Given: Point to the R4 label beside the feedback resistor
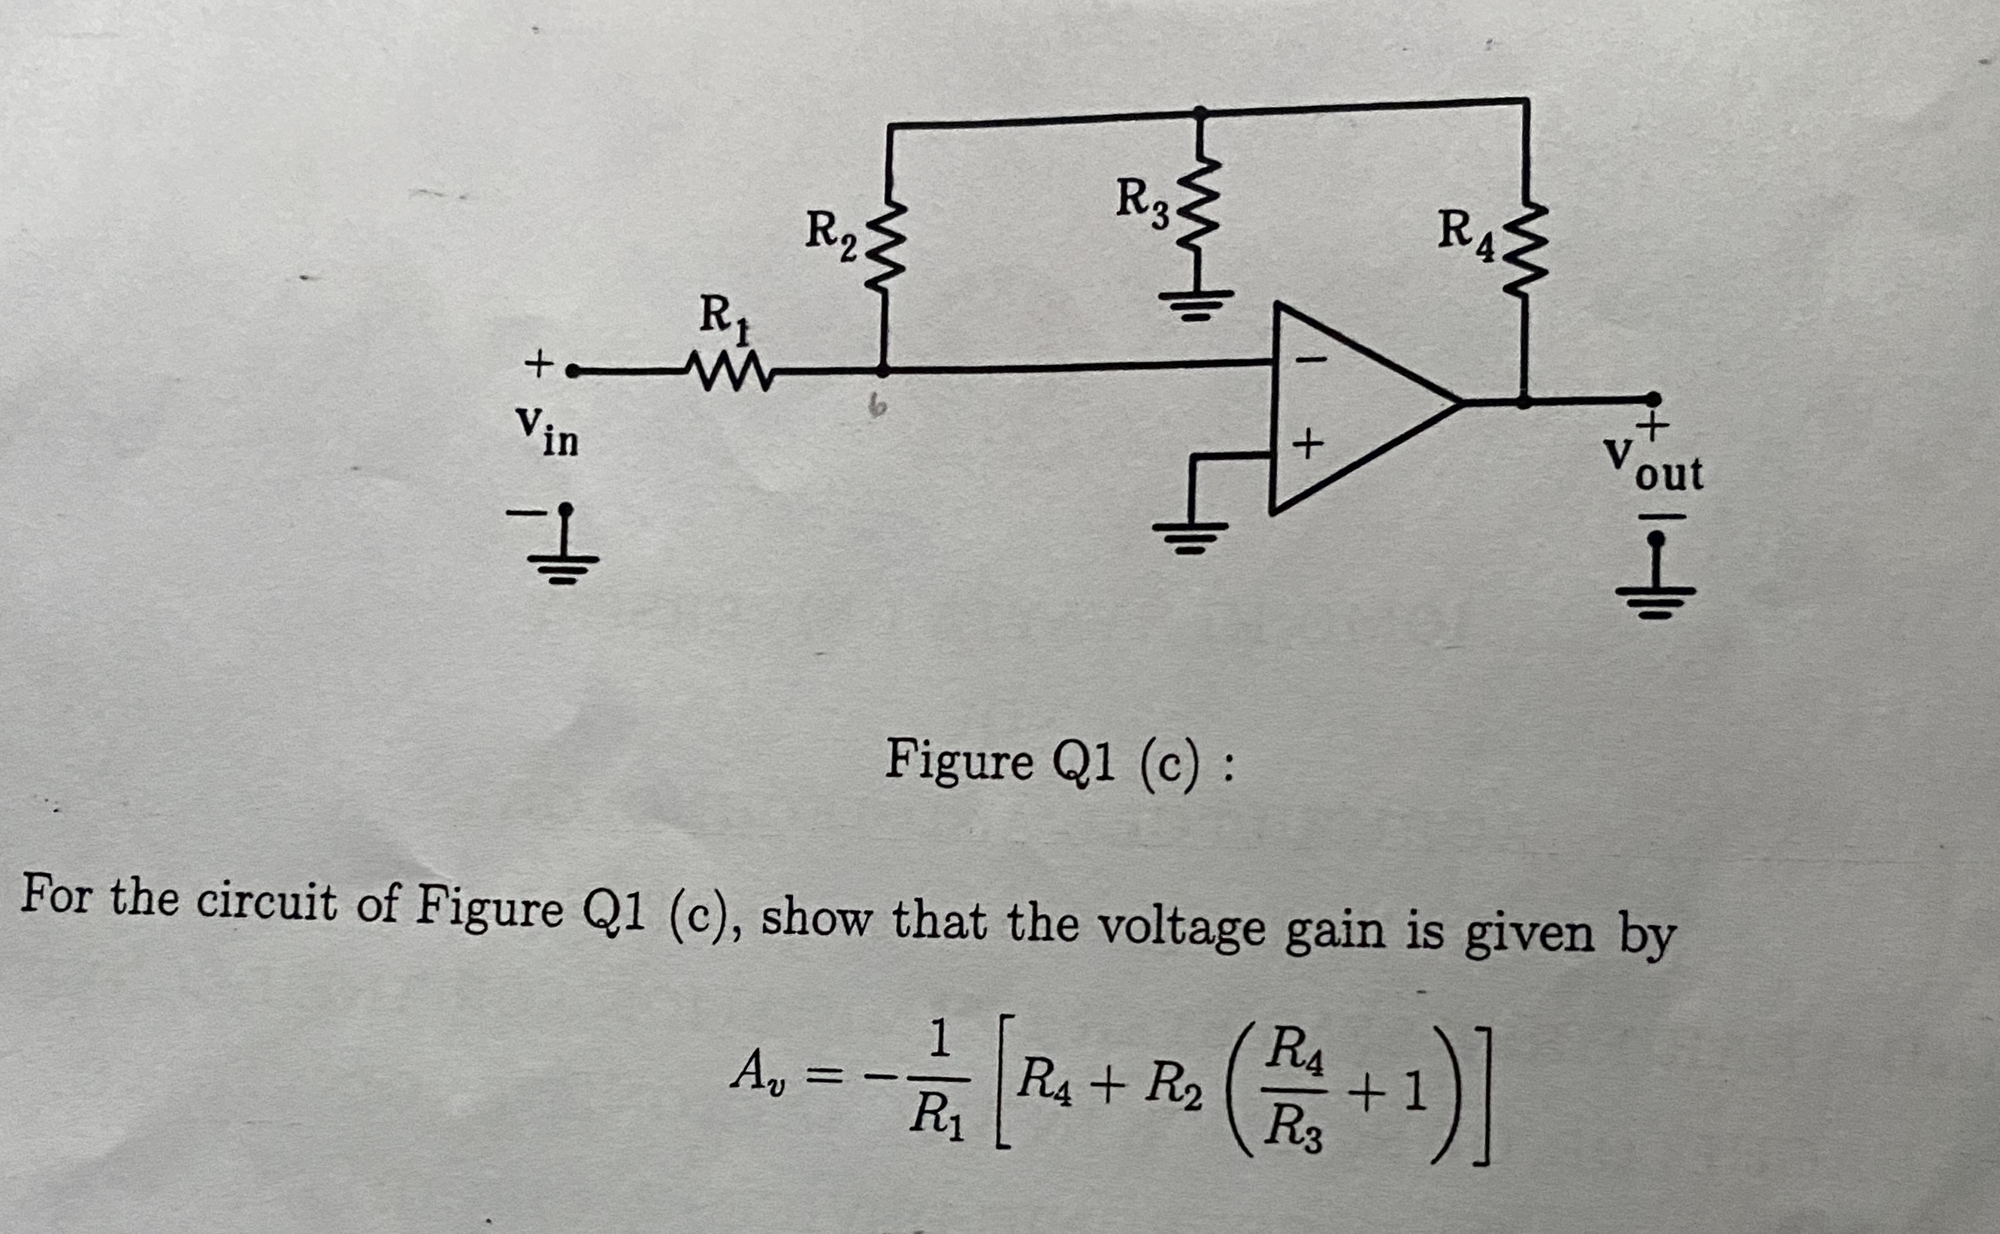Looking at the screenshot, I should [x=1465, y=237].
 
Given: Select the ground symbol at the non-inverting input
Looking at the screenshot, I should [x=1190, y=536].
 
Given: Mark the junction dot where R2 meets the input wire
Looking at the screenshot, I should [x=883, y=371].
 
